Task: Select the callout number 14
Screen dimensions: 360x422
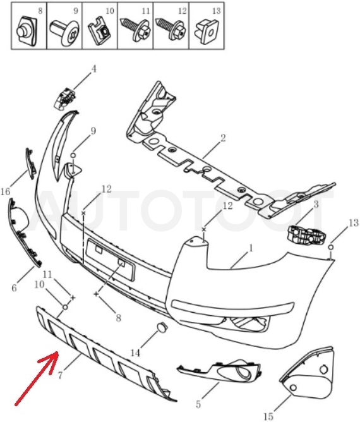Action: coord(135,353)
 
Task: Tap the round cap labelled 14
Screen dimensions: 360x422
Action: coord(162,327)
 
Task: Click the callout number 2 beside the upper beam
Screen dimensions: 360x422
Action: coord(223,138)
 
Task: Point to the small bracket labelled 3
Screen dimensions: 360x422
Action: coord(307,234)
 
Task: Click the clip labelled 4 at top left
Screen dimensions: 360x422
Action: coord(65,98)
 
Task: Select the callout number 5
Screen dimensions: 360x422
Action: coord(198,404)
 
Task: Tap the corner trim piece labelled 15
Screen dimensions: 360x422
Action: coord(307,370)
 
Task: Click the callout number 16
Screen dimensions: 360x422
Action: coord(6,191)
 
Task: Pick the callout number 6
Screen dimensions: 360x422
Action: coord(14,288)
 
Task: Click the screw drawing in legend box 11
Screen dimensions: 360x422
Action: coord(133,29)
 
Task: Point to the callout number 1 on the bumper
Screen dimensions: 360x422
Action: coord(251,248)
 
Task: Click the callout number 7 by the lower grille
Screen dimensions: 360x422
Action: coord(60,375)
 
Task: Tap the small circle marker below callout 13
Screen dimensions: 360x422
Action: coord(331,247)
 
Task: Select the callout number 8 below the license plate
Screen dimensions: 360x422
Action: coord(118,318)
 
